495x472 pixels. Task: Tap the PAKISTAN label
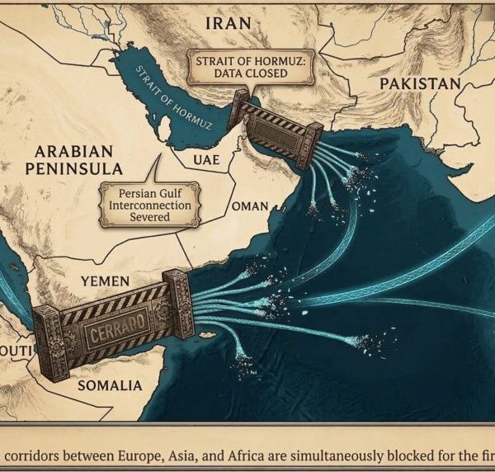coord(419,84)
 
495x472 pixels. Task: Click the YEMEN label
coord(105,281)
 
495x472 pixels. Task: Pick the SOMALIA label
coord(109,385)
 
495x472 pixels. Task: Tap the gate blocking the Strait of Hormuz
coord(279,128)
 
